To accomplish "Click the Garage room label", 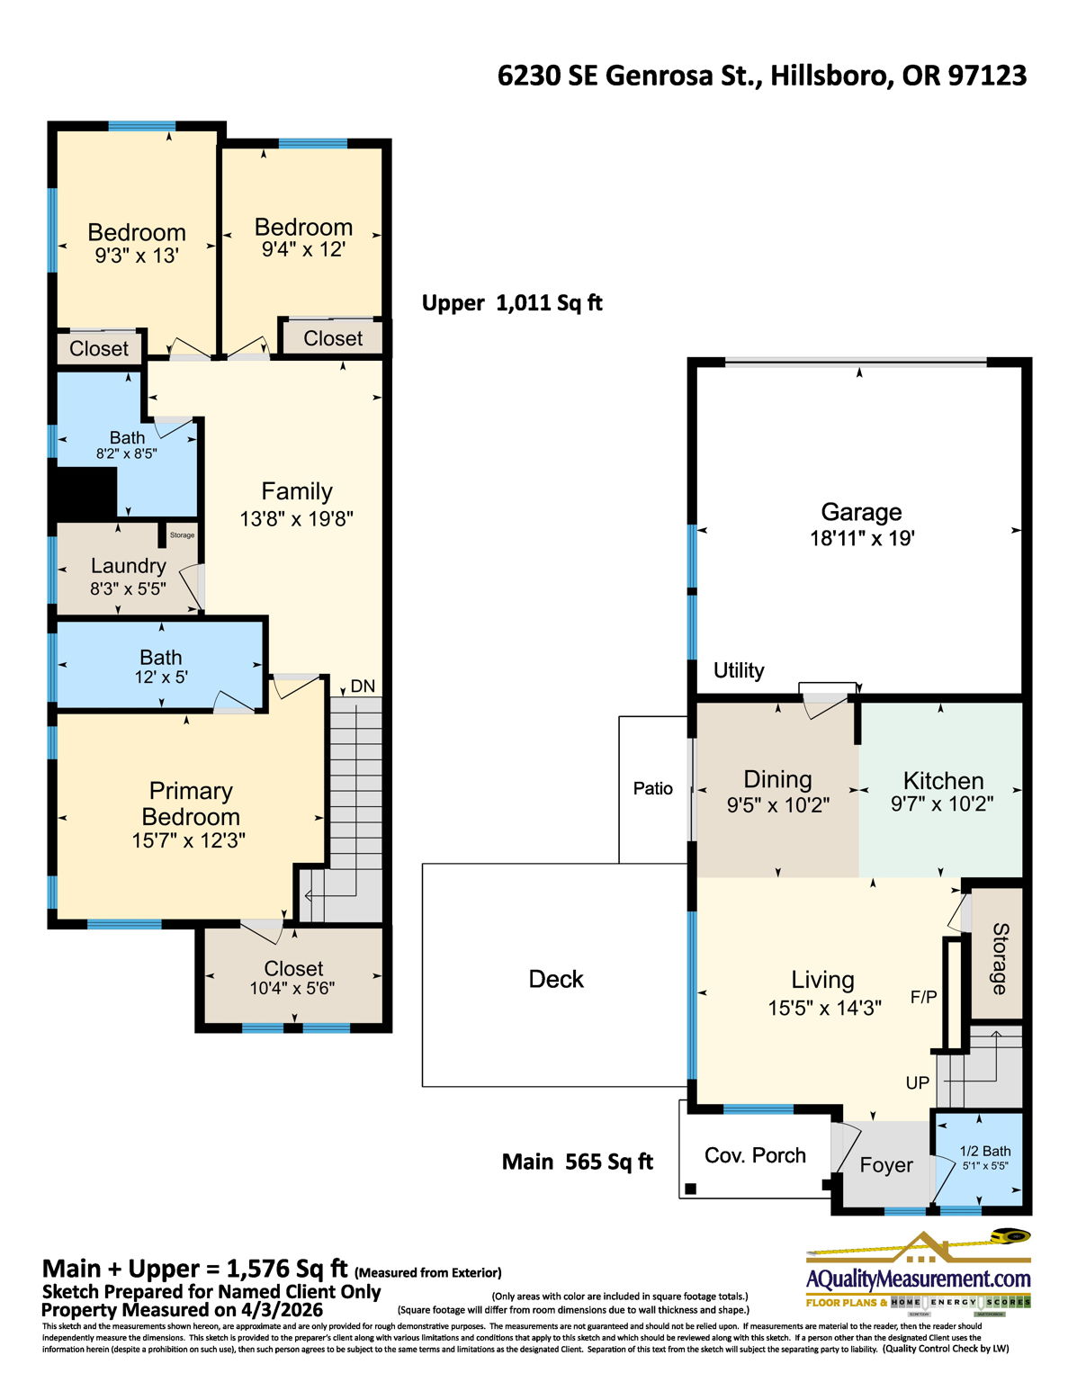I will coord(860,512).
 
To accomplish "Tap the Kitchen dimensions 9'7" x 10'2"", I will coord(941,804).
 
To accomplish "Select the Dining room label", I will coord(777,779).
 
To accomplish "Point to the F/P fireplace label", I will coord(923,996).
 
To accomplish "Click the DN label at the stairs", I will coord(363,686).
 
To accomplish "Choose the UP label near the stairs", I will coord(917,1082).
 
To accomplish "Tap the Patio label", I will coord(652,788).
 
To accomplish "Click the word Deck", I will coord(556,979).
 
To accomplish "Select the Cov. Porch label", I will coord(755,1155).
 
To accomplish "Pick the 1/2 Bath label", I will coord(984,1151).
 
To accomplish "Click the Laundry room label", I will coord(128,566).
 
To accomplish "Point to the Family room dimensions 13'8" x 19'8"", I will coord(296,519).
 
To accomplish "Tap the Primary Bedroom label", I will coord(191,803).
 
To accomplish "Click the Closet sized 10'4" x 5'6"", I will coord(293,977).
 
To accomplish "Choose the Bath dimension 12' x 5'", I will coord(161,678).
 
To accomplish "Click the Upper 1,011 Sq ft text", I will coord(512,303).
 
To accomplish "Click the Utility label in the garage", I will coord(739,670).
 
